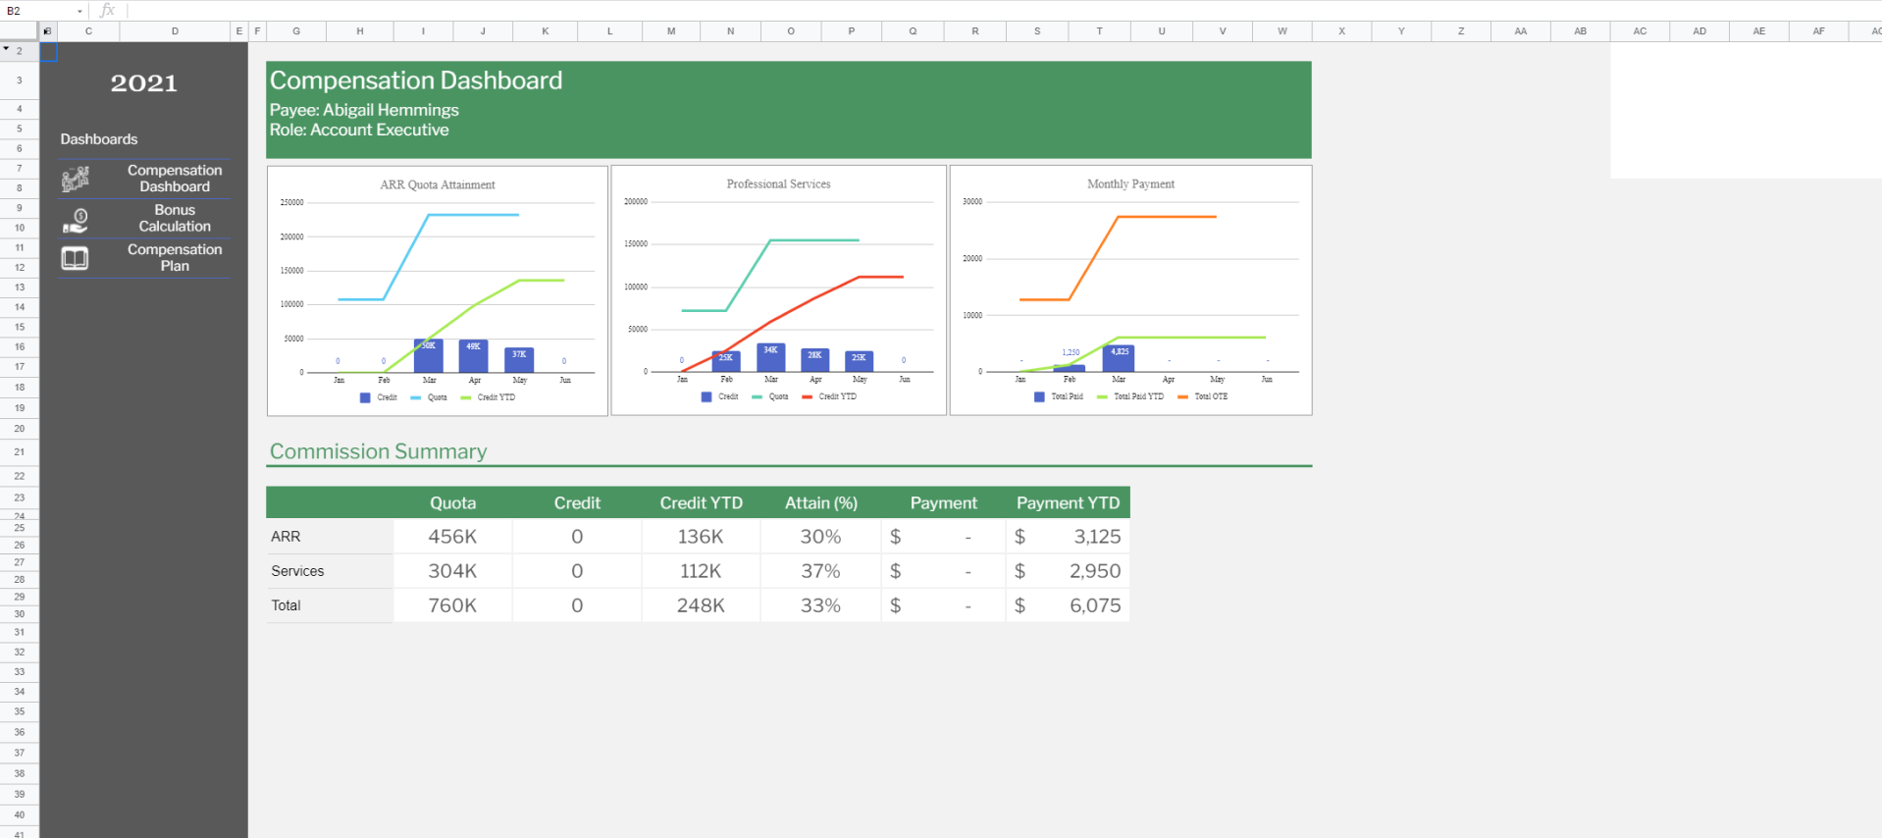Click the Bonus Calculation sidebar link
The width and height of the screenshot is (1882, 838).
(x=174, y=218)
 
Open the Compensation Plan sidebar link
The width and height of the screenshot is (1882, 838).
(x=174, y=257)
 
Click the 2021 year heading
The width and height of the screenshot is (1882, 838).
(x=143, y=83)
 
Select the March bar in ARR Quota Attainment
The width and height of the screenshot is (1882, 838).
(x=429, y=355)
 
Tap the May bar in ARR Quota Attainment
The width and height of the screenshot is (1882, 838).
(x=519, y=359)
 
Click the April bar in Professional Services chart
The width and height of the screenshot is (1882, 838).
(x=814, y=359)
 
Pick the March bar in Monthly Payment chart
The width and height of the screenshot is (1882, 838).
(x=1119, y=358)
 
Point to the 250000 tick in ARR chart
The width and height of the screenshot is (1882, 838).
(x=291, y=203)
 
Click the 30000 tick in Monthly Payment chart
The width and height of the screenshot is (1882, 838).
(x=971, y=202)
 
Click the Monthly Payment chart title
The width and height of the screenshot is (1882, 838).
(x=1130, y=183)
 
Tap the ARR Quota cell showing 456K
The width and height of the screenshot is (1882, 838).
(x=452, y=537)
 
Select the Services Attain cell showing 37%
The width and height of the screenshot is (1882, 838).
(x=820, y=571)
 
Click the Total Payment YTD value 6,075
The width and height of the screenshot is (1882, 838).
(x=1094, y=605)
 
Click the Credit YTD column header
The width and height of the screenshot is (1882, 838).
(x=701, y=502)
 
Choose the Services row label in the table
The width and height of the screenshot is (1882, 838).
(x=297, y=571)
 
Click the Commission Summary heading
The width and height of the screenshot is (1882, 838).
(x=378, y=451)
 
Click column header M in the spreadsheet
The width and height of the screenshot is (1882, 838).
(x=671, y=31)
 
